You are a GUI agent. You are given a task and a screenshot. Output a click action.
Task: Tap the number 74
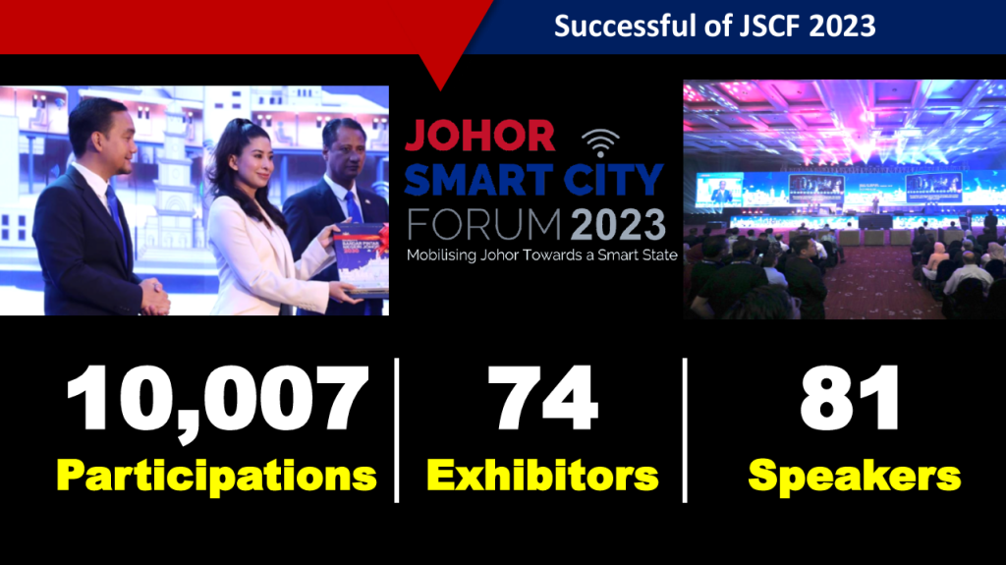(x=542, y=397)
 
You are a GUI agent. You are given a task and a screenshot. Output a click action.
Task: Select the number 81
(x=850, y=397)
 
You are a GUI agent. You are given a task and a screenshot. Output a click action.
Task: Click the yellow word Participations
(x=216, y=477)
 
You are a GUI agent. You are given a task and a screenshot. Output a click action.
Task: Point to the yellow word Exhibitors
(x=542, y=476)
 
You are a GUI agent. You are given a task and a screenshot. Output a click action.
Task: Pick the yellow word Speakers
(x=855, y=477)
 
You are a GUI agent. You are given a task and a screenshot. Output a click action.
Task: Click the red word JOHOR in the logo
(x=479, y=137)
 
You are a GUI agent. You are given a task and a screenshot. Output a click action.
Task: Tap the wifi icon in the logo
(x=600, y=143)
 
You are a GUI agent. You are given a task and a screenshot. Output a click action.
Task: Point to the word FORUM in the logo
(x=485, y=225)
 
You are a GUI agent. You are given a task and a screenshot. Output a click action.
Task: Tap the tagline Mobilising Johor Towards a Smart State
(x=542, y=254)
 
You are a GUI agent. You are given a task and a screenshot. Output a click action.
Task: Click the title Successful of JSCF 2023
(x=715, y=27)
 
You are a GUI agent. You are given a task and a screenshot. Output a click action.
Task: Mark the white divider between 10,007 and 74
(x=397, y=430)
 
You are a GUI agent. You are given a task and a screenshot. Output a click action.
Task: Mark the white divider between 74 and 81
(x=685, y=430)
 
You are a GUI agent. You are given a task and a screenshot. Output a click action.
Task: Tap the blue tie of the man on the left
(x=118, y=220)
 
